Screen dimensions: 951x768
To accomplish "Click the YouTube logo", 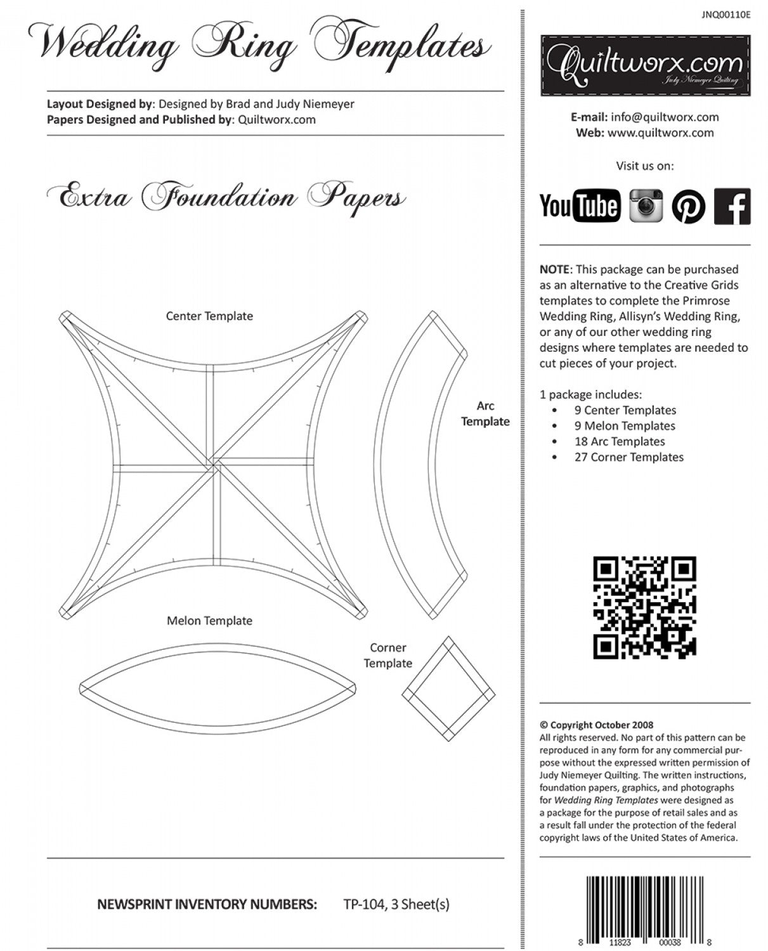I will pos(580,205).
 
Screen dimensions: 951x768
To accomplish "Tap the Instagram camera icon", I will pos(646,205).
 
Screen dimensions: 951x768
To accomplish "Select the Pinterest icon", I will pos(689,206).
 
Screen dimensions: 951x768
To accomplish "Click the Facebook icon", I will pos(732,206).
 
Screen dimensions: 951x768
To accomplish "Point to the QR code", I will pos(644,607).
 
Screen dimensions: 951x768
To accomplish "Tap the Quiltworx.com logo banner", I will pos(645,65).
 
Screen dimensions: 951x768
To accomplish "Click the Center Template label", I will pos(209,316).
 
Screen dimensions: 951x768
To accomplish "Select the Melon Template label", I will pos(209,621).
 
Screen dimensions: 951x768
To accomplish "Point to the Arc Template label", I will pos(485,413).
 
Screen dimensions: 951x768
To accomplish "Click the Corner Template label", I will pos(387,656).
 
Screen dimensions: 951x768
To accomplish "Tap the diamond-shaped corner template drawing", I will pos(448,690).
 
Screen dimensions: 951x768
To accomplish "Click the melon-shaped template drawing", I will pos(218,688).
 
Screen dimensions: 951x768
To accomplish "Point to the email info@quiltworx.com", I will pos(664,117).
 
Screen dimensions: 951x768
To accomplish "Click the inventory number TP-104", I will pos(363,904).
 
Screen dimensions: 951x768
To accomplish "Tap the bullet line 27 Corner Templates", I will pos(628,457).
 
